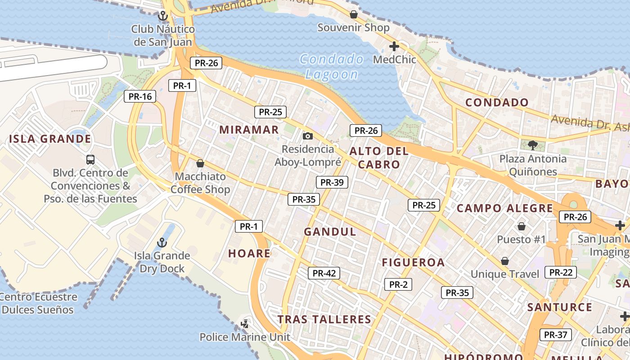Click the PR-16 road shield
tap(140, 96)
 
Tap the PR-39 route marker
tap(332, 182)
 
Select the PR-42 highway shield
tap(324, 273)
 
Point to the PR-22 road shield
tap(561, 272)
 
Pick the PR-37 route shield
tap(556, 335)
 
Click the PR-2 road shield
tap(398, 284)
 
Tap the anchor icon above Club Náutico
tap(163, 16)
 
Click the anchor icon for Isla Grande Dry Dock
tap(162, 243)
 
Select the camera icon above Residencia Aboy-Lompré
tap(308, 136)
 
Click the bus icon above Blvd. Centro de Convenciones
tap(90, 159)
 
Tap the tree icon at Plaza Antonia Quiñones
tap(533, 145)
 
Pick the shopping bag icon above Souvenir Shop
tap(354, 14)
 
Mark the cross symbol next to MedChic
tap(394, 46)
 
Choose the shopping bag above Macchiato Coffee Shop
tap(200, 163)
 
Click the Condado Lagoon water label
tap(332, 67)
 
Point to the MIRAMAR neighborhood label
tap(249, 130)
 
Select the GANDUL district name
tap(330, 232)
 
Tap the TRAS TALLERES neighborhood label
tap(324, 319)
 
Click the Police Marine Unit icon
tap(245, 324)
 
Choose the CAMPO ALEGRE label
tap(505, 208)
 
